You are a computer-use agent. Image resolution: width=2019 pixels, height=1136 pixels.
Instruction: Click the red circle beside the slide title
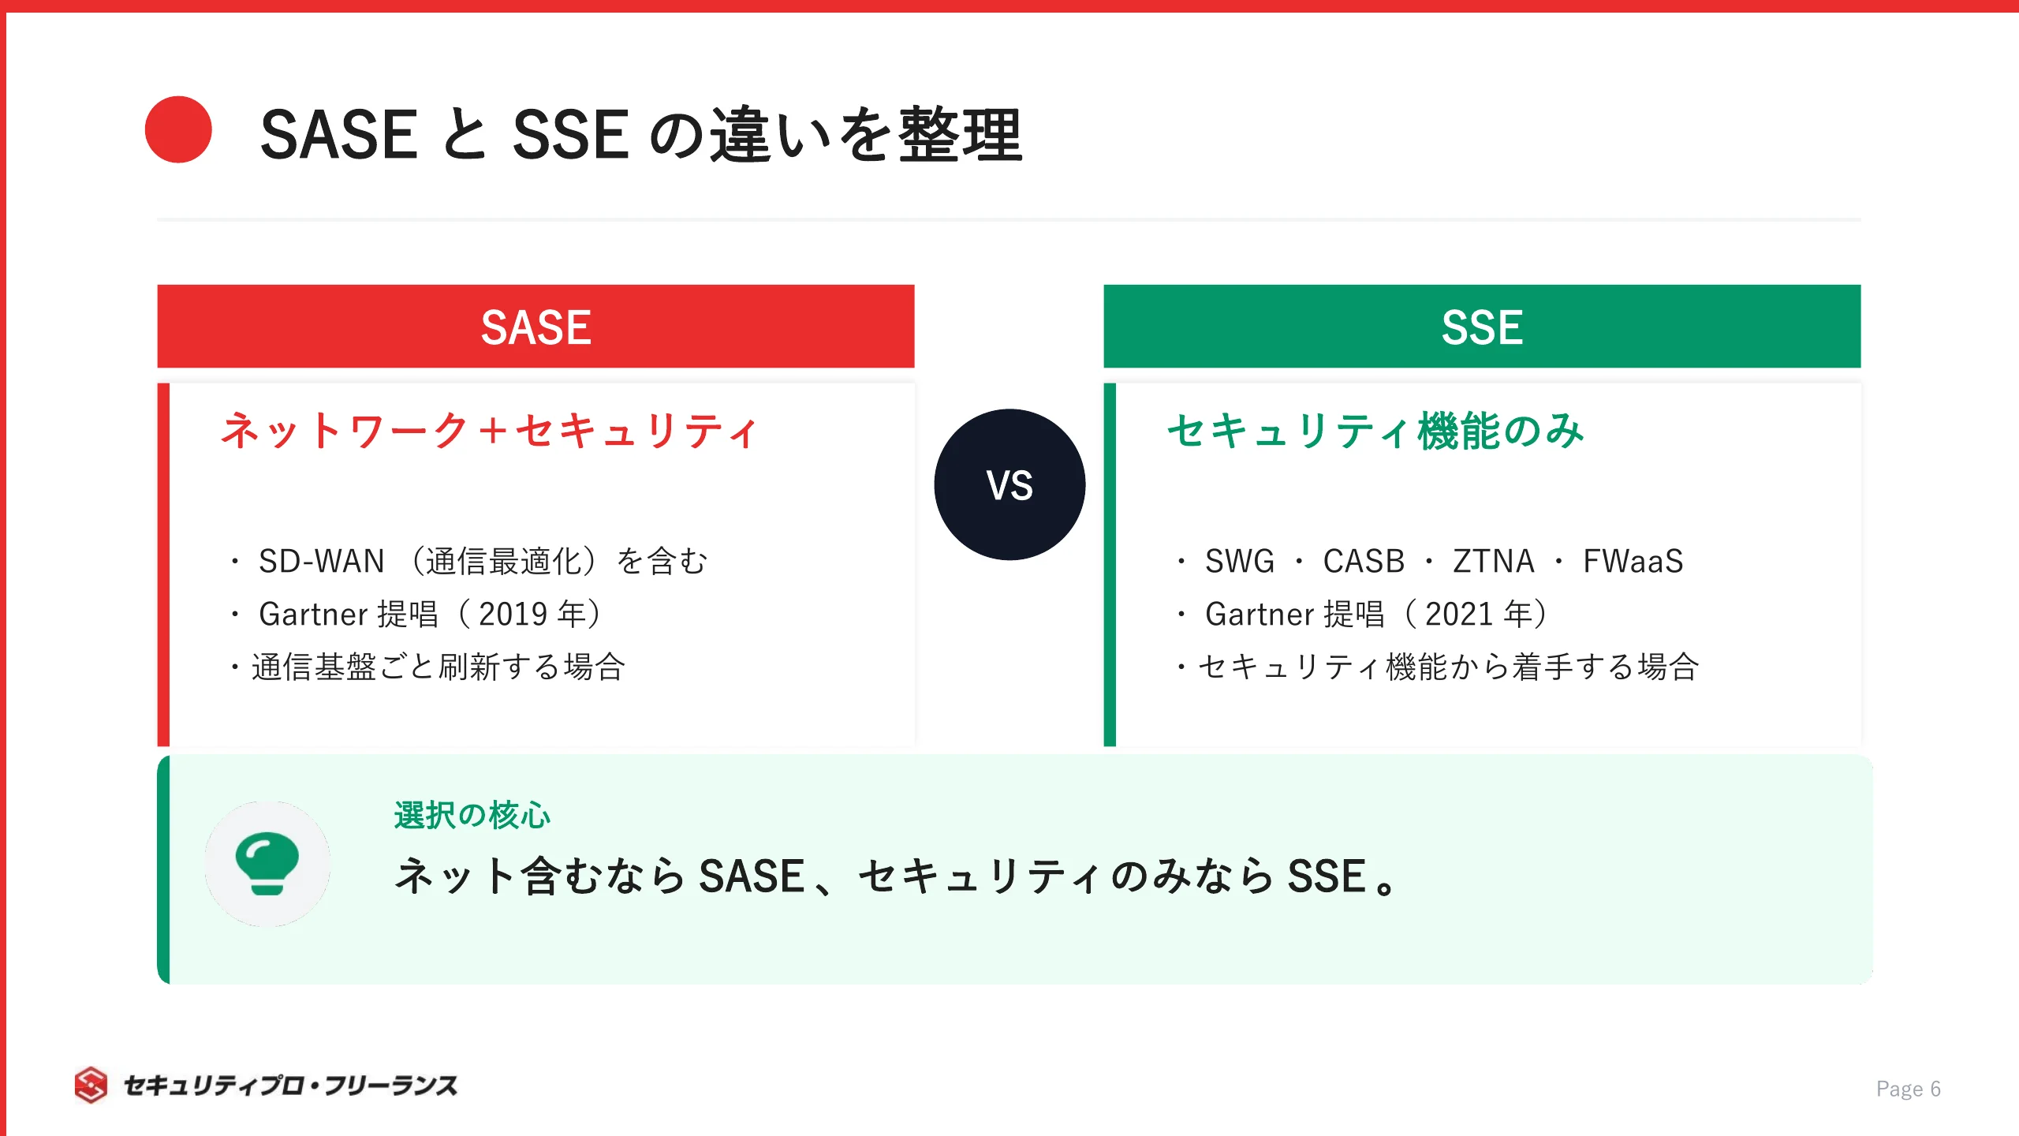[178, 130]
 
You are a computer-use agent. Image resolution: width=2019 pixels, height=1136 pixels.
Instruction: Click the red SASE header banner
[536, 327]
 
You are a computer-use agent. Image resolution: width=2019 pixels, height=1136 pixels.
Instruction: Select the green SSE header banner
[1482, 327]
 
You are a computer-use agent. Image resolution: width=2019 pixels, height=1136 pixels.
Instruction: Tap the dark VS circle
[1009, 484]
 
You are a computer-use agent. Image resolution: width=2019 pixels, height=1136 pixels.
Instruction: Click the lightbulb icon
[267, 864]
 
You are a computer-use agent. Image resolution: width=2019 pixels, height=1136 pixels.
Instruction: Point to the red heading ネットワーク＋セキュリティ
[489, 431]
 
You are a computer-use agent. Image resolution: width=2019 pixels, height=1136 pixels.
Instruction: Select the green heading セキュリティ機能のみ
[1375, 431]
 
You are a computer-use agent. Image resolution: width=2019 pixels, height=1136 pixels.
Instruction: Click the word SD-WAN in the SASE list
[321, 562]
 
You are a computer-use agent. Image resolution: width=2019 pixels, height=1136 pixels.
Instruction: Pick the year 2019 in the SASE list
[513, 615]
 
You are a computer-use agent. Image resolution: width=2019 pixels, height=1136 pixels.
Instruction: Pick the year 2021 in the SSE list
[1459, 615]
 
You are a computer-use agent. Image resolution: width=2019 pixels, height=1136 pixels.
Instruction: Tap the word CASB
[1364, 562]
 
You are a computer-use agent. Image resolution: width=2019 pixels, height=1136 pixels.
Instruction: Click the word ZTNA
[1493, 562]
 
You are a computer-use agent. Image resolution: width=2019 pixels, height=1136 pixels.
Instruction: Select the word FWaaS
[1633, 562]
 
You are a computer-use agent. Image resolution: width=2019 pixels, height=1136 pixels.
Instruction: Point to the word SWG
[1240, 562]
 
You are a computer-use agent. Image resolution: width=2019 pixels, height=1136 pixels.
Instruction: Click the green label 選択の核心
[472, 816]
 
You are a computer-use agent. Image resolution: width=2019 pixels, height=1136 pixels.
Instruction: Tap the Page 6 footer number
[1908, 1089]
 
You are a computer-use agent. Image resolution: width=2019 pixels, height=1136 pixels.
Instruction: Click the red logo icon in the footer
[91, 1086]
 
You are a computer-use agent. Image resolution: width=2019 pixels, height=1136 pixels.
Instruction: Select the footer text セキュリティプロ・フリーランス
[290, 1086]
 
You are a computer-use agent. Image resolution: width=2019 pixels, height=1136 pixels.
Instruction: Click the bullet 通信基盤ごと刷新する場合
[438, 667]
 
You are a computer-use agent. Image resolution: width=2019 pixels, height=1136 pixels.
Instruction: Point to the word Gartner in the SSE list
[1260, 615]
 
